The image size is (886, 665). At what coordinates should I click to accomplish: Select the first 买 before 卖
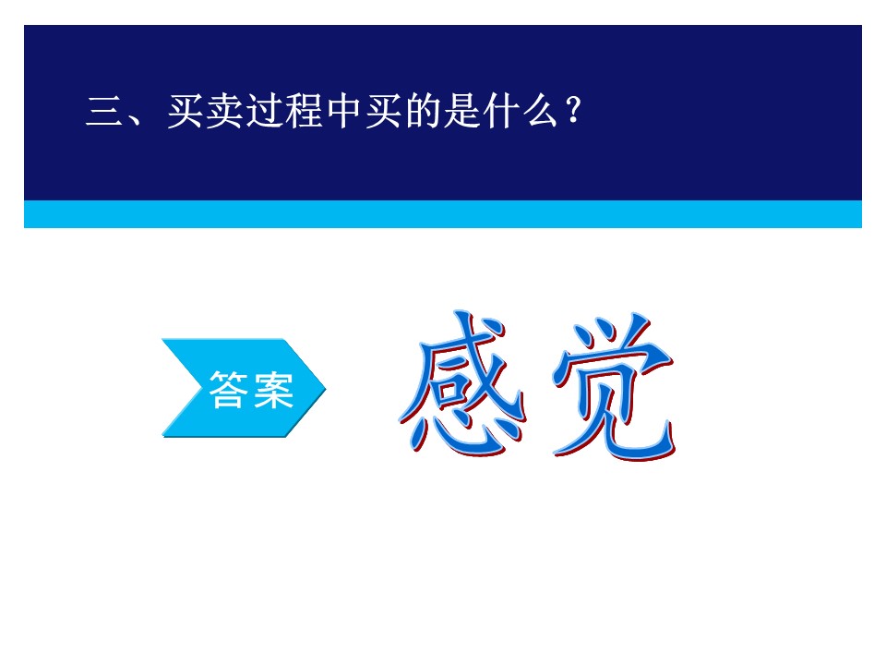[x=185, y=111]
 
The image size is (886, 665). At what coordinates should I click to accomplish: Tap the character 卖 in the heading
[x=224, y=111]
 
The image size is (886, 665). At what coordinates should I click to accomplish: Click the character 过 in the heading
[x=264, y=111]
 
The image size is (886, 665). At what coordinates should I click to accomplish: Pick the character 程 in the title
[x=304, y=111]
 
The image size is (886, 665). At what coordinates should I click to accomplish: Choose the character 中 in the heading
[x=343, y=111]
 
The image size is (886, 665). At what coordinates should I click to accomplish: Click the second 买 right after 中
[x=383, y=111]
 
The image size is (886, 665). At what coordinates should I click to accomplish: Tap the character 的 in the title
[x=423, y=111]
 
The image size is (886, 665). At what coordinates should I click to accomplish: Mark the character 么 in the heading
[x=541, y=111]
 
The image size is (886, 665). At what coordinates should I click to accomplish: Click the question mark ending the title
[x=573, y=110]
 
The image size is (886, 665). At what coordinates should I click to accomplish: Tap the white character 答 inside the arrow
[x=228, y=389]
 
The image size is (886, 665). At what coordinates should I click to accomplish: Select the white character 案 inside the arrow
[x=273, y=389]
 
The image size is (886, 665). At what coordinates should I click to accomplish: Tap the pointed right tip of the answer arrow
[x=326, y=388]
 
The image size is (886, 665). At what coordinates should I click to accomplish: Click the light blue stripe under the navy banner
[x=442, y=213]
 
